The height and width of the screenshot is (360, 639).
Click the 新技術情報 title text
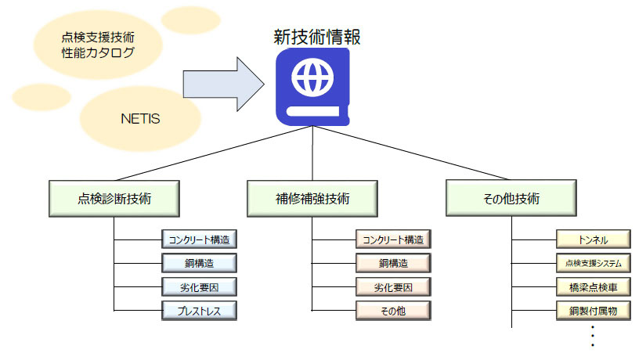click(x=316, y=37)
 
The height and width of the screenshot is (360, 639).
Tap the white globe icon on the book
click(x=312, y=77)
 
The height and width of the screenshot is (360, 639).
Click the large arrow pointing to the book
click(x=223, y=84)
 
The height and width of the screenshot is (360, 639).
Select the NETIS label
click(x=140, y=118)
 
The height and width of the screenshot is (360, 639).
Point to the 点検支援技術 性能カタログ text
click(x=98, y=45)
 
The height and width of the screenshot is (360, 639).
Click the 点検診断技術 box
click(x=114, y=198)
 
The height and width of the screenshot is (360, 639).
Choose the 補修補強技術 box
click(x=312, y=198)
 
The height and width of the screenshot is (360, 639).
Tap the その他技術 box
click(x=511, y=198)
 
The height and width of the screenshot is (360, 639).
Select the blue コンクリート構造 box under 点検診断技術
click(x=199, y=239)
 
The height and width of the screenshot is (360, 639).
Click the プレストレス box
click(x=199, y=311)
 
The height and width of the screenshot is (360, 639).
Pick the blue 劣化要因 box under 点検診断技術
click(x=199, y=287)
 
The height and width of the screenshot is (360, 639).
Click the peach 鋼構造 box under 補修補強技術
click(x=393, y=263)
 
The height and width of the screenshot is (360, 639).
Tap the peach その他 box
click(x=393, y=311)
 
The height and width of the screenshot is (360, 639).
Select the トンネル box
click(x=594, y=239)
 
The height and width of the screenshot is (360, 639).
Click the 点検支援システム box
click(x=594, y=263)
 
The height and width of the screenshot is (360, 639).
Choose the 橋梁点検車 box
click(x=594, y=287)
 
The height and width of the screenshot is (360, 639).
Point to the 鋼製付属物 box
click(x=594, y=311)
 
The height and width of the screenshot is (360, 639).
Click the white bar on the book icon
click(x=313, y=111)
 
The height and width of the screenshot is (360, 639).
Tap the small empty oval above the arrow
click(x=191, y=19)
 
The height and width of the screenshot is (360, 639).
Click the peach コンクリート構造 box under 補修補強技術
click(x=393, y=239)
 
